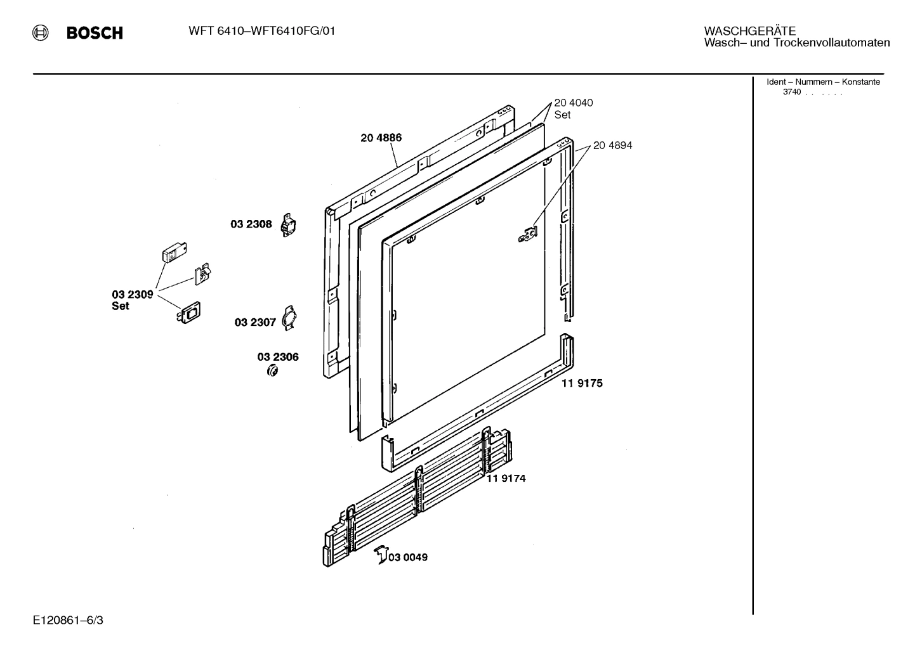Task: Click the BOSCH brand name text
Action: pyautogui.click(x=95, y=33)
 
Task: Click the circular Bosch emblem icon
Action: pyautogui.click(x=41, y=33)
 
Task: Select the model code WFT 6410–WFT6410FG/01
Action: pyautogui.click(x=261, y=31)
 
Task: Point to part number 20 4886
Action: pyautogui.click(x=381, y=138)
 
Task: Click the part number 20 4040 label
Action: pyautogui.click(x=573, y=103)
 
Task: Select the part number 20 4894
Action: pyautogui.click(x=612, y=145)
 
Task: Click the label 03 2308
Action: pyautogui.click(x=251, y=224)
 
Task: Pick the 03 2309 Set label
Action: pyautogui.click(x=132, y=300)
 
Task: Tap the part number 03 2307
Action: pyautogui.click(x=255, y=322)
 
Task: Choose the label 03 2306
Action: pyautogui.click(x=278, y=357)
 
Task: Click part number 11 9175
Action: pyautogui.click(x=582, y=383)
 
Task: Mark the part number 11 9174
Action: pyautogui.click(x=506, y=478)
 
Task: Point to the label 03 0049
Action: pyautogui.click(x=408, y=557)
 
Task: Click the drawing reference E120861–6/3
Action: pyautogui.click(x=68, y=619)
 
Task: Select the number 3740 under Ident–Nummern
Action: pyautogui.click(x=791, y=92)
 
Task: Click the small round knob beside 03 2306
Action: pyautogui.click(x=273, y=371)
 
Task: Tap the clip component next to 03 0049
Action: pyautogui.click(x=381, y=554)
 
